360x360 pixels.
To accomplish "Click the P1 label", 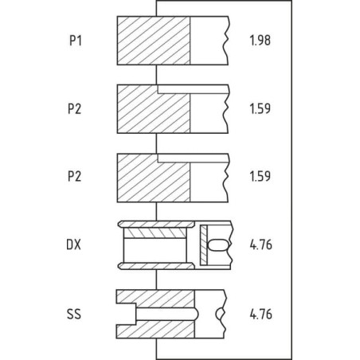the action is point(76,41).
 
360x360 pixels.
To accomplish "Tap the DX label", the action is point(73,245).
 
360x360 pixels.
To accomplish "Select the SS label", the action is point(74,314).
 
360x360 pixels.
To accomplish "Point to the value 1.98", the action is point(260,41).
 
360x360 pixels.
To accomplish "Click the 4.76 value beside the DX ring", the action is point(261,245).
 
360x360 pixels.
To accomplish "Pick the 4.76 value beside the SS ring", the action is point(261,314).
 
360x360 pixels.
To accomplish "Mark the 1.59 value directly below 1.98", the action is point(260,108).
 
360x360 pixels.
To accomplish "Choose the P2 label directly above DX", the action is point(74,177).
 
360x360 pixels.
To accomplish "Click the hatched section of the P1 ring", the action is point(154,41).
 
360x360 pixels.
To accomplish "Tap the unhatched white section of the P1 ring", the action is point(209,41).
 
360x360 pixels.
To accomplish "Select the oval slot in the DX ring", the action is point(218,245).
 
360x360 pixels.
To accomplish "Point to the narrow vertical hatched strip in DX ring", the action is point(204,245).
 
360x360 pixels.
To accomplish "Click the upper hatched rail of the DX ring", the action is point(156,225).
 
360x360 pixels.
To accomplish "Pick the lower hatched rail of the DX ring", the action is point(156,266).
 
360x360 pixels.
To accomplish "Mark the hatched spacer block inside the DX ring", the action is point(155,233).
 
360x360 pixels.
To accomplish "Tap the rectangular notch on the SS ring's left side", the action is point(127,314).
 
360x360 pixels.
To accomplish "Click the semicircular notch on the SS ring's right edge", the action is point(221,314).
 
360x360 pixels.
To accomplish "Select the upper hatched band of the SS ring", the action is point(155,299).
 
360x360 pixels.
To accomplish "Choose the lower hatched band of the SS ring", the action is point(155,329).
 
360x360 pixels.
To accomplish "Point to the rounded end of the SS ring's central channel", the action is point(196,314).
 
